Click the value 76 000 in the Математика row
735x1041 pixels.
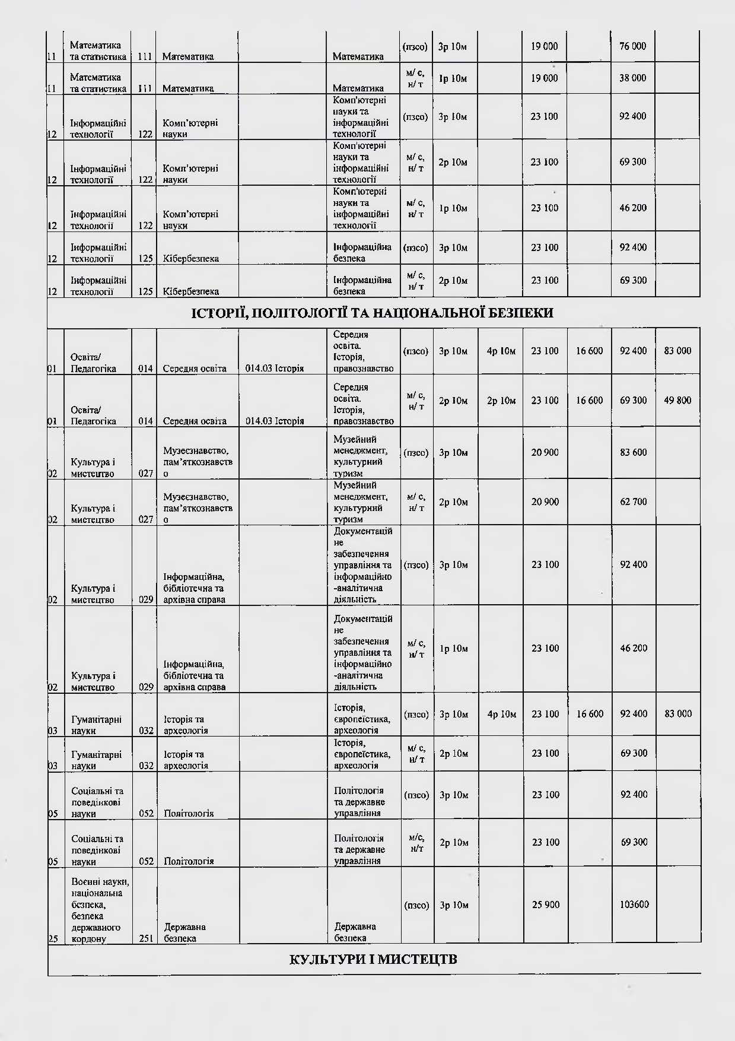click(x=632, y=46)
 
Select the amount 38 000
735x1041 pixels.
click(x=632, y=78)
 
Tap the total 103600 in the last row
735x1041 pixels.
click(x=634, y=905)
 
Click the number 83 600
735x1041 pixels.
click(x=633, y=452)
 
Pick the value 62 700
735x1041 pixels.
click(x=633, y=502)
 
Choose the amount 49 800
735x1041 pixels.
click(x=677, y=401)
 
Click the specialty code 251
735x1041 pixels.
click(x=145, y=938)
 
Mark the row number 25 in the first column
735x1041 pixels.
click(x=53, y=939)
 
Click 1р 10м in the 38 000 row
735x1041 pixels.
click(x=453, y=78)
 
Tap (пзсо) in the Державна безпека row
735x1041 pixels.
click(x=416, y=905)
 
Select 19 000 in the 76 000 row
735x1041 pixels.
click(x=544, y=46)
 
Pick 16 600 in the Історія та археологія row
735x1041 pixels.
click(x=589, y=714)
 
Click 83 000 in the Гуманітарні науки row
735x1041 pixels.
click(x=677, y=714)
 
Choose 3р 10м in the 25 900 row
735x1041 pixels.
click(x=454, y=905)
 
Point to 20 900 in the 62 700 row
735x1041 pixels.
click(x=545, y=502)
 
